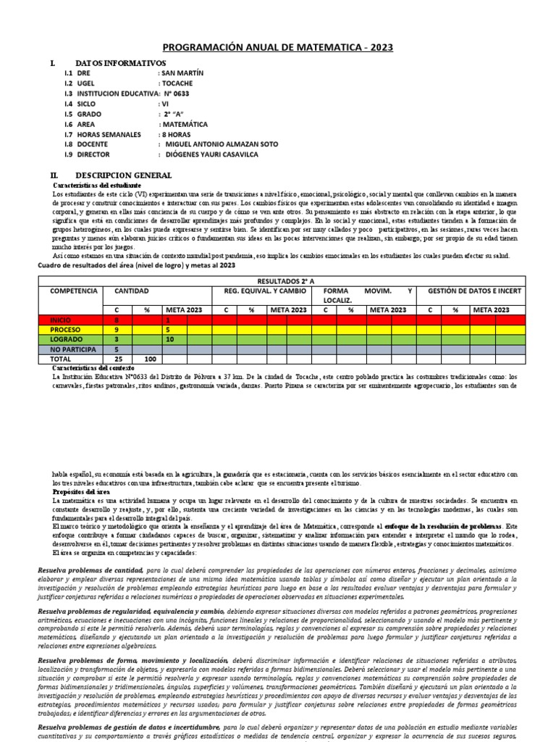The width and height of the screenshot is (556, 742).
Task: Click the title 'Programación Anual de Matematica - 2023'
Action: point(277,47)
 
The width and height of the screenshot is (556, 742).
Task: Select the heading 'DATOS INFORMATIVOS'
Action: point(120,64)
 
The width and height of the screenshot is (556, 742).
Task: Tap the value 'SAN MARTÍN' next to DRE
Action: point(181,73)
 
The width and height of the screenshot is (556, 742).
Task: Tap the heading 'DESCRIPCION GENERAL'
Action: point(123,176)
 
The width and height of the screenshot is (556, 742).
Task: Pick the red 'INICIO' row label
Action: point(61,319)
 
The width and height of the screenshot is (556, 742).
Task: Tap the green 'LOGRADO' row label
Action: point(65,338)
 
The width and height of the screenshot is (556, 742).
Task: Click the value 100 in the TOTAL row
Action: point(151,359)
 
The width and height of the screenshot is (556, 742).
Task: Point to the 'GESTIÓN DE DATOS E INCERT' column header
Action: point(474,290)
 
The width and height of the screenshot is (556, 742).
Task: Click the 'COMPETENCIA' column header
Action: point(73,290)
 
